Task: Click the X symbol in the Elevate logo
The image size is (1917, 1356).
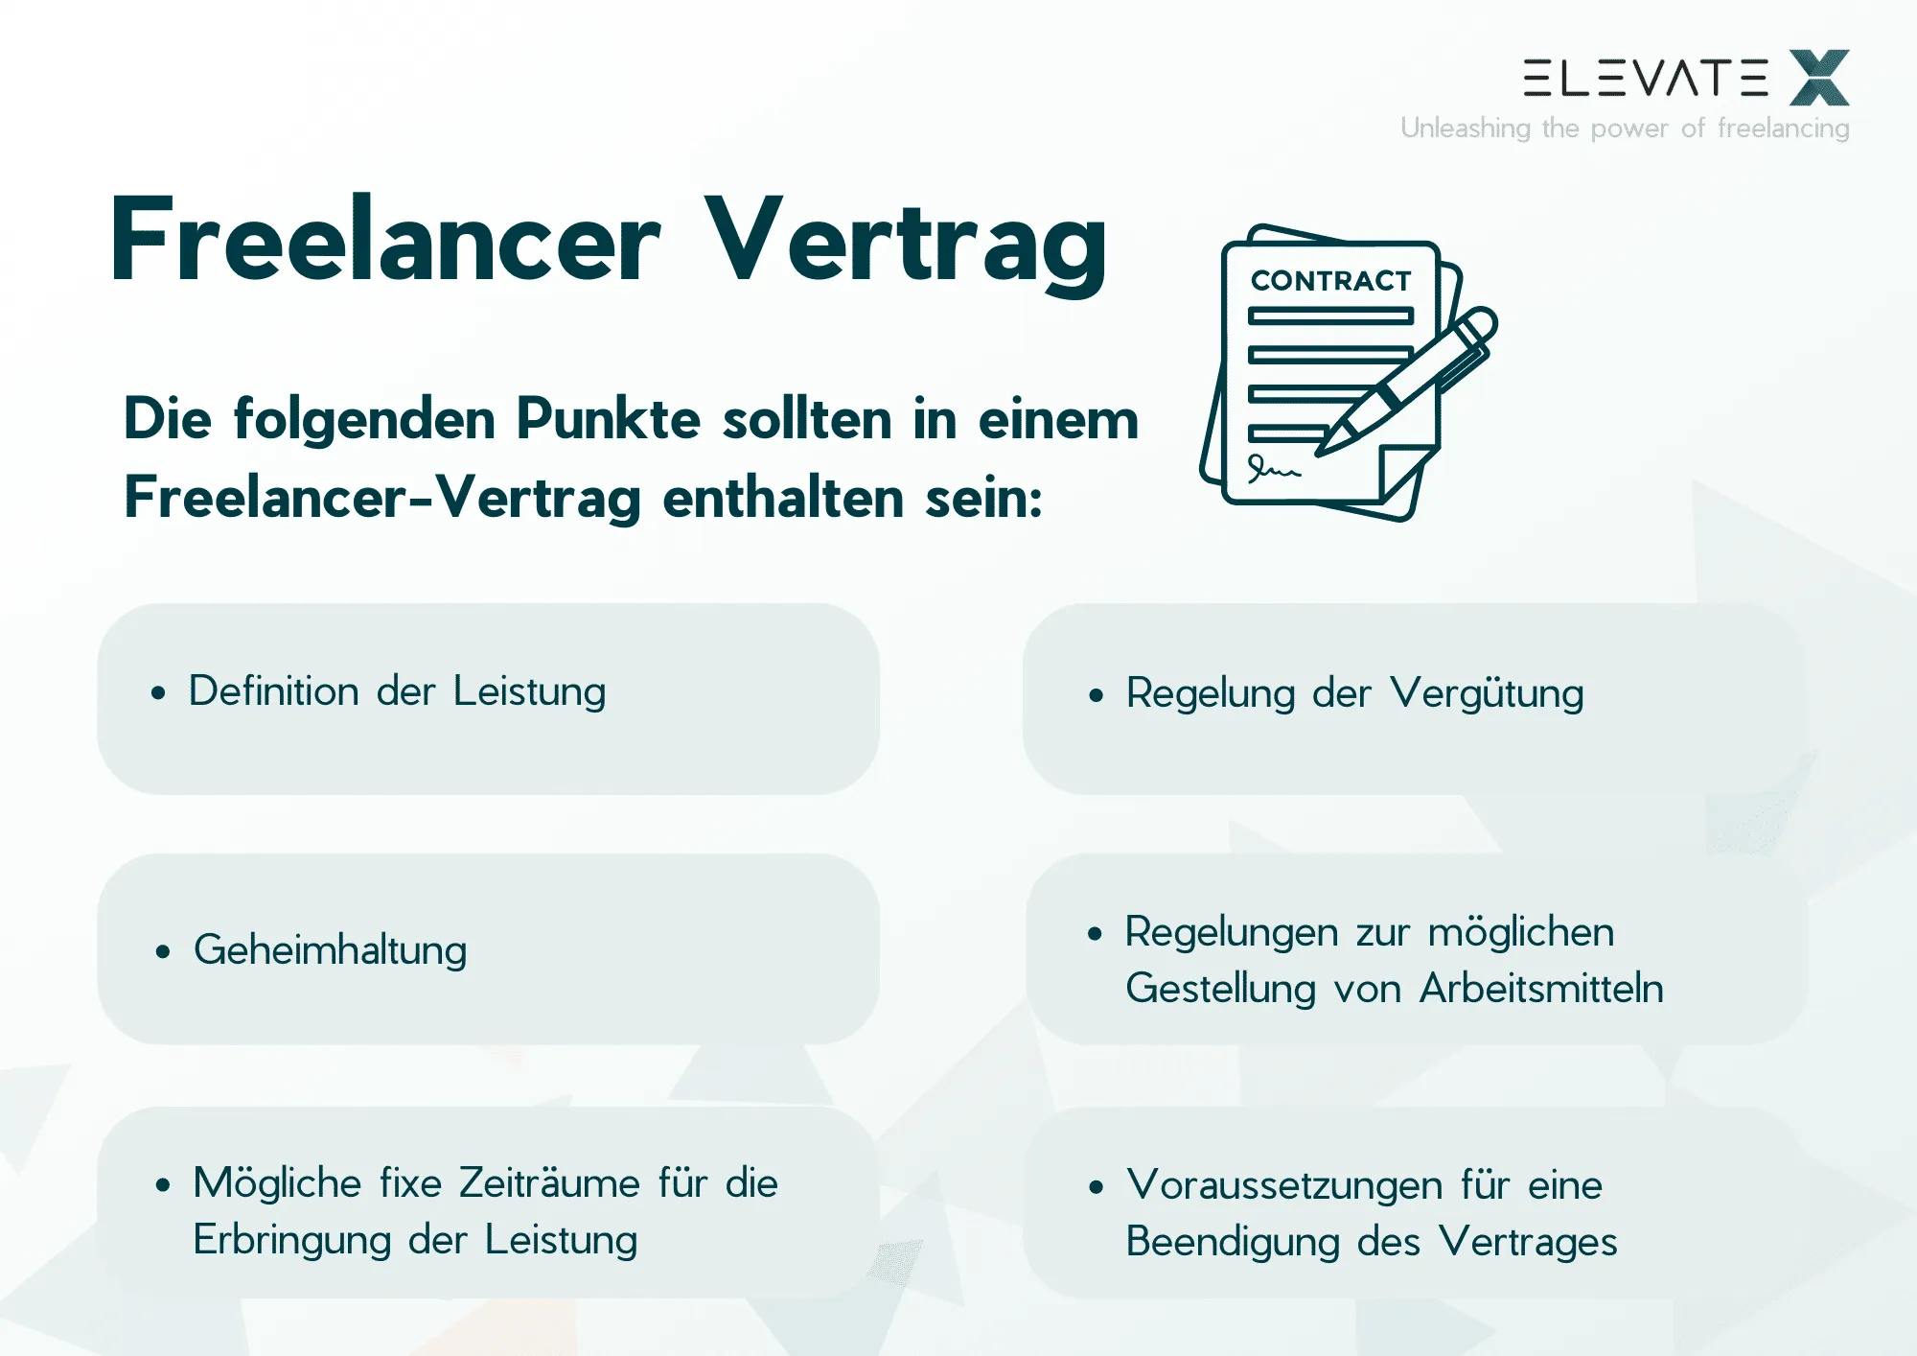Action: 1819,78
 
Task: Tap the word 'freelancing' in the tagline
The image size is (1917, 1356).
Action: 1783,128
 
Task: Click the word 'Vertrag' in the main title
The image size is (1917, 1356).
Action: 906,242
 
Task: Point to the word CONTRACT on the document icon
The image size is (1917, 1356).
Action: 1330,281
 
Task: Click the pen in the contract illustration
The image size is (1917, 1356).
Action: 1409,381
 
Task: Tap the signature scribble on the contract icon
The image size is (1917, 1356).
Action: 1272,468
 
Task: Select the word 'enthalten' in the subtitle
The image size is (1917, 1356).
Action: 782,499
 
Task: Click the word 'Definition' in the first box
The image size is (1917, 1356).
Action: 273,691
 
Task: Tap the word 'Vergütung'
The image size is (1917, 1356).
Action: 1487,694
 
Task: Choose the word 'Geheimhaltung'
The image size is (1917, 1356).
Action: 330,950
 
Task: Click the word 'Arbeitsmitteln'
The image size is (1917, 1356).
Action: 1541,989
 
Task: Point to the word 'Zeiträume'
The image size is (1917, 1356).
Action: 549,1182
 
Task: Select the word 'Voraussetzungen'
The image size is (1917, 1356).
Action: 1284,1185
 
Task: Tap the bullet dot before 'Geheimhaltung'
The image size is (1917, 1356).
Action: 163,951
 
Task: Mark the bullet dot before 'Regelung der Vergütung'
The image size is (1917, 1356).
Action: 1097,695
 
